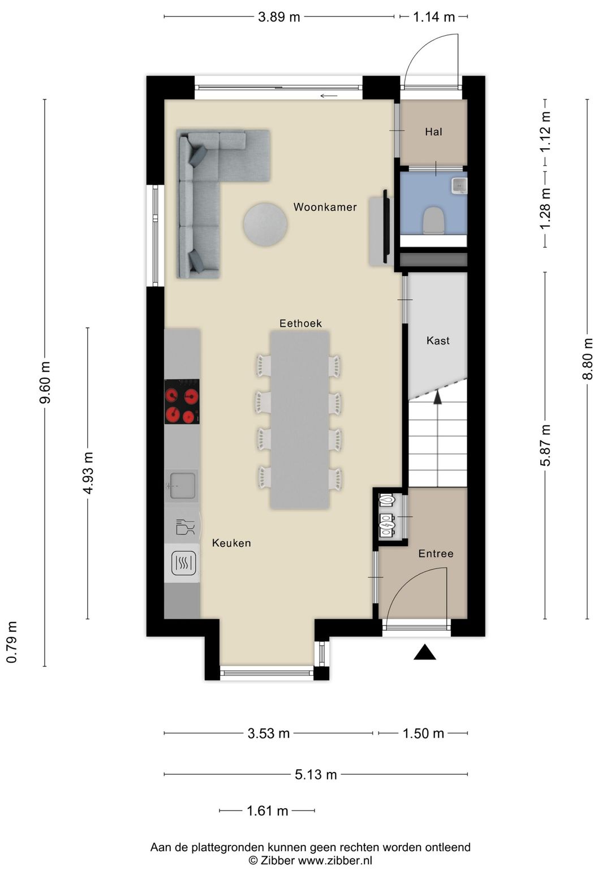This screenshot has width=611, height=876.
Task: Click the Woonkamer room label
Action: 325,207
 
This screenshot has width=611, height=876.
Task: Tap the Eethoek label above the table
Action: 300,323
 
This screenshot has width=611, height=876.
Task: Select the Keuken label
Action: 231,543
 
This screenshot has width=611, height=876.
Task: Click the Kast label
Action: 438,340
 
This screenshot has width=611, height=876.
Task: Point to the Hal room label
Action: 433,132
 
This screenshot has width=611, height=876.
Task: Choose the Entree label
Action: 436,553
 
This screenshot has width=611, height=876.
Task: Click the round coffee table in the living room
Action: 265,225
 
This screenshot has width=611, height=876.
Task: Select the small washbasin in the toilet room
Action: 459,185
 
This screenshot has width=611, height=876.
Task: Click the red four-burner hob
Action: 182,401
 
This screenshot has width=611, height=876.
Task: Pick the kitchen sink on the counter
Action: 182,485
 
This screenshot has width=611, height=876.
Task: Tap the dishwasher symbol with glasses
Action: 184,527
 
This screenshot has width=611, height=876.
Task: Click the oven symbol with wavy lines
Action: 183,563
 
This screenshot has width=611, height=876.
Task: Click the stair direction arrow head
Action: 437,396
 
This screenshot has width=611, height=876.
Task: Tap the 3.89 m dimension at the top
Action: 279,17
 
